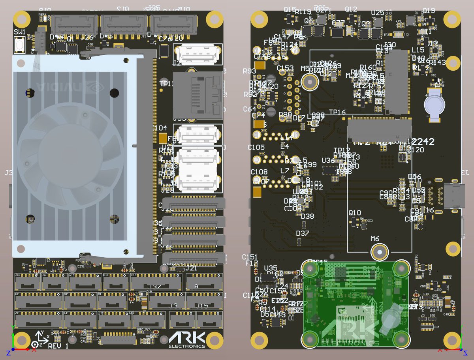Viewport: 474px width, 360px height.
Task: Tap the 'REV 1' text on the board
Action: [58, 346]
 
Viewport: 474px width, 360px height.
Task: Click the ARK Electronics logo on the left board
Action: [187, 340]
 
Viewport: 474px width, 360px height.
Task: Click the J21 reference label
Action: [191, 268]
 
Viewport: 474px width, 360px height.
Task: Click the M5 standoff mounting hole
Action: [310, 82]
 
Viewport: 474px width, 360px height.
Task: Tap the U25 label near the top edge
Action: [378, 13]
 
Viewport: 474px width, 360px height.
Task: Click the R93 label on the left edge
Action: [250, 71]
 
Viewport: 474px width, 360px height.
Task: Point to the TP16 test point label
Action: [337, 112]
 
